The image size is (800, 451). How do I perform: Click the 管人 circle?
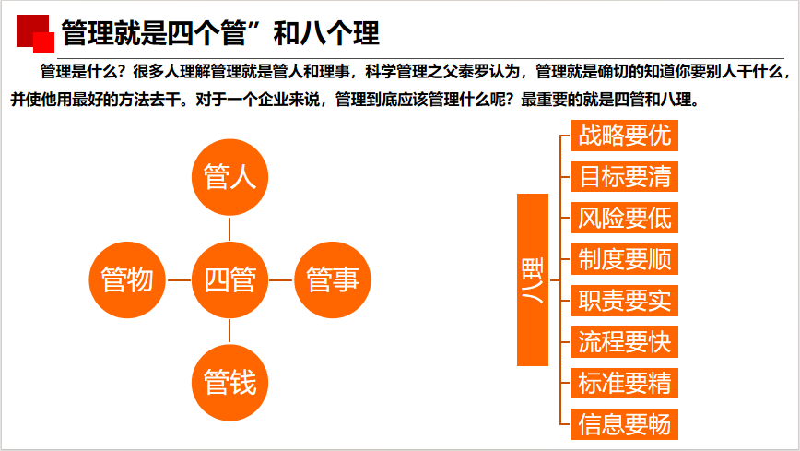click(x=229, y=177)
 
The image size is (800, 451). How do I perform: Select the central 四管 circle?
click(x=229, y=279)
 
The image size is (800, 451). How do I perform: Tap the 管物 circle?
click(x=127, y=279)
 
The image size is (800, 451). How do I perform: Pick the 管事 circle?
click(x=333, y=279)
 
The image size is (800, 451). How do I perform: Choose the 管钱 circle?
click(x=229, y=383)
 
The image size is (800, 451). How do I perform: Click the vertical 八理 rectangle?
click(x=533, y=279)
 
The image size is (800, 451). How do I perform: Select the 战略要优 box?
click(x=625, y=136)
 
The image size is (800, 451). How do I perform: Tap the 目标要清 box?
click(x=625, y=177)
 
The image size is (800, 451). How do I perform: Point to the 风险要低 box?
click(x=625, y=218)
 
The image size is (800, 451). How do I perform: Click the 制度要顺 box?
click(x=625, y=259)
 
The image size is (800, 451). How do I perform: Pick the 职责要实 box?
click(x=625, y=301)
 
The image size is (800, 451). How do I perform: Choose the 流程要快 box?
click(x=625, y=341)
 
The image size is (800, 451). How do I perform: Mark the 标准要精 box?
click(x=625, y=383)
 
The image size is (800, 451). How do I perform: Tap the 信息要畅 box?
click(x=625, y=424)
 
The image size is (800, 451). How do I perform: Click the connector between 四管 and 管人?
click(x=229, y=229)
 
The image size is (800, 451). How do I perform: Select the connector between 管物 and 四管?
click(x=179, y=279)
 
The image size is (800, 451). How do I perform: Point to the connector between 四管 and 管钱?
click(x=229, y=331)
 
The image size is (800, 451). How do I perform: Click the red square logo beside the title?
click(x=35, y=34)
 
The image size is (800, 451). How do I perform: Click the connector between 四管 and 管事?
click(x=281, y=279)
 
